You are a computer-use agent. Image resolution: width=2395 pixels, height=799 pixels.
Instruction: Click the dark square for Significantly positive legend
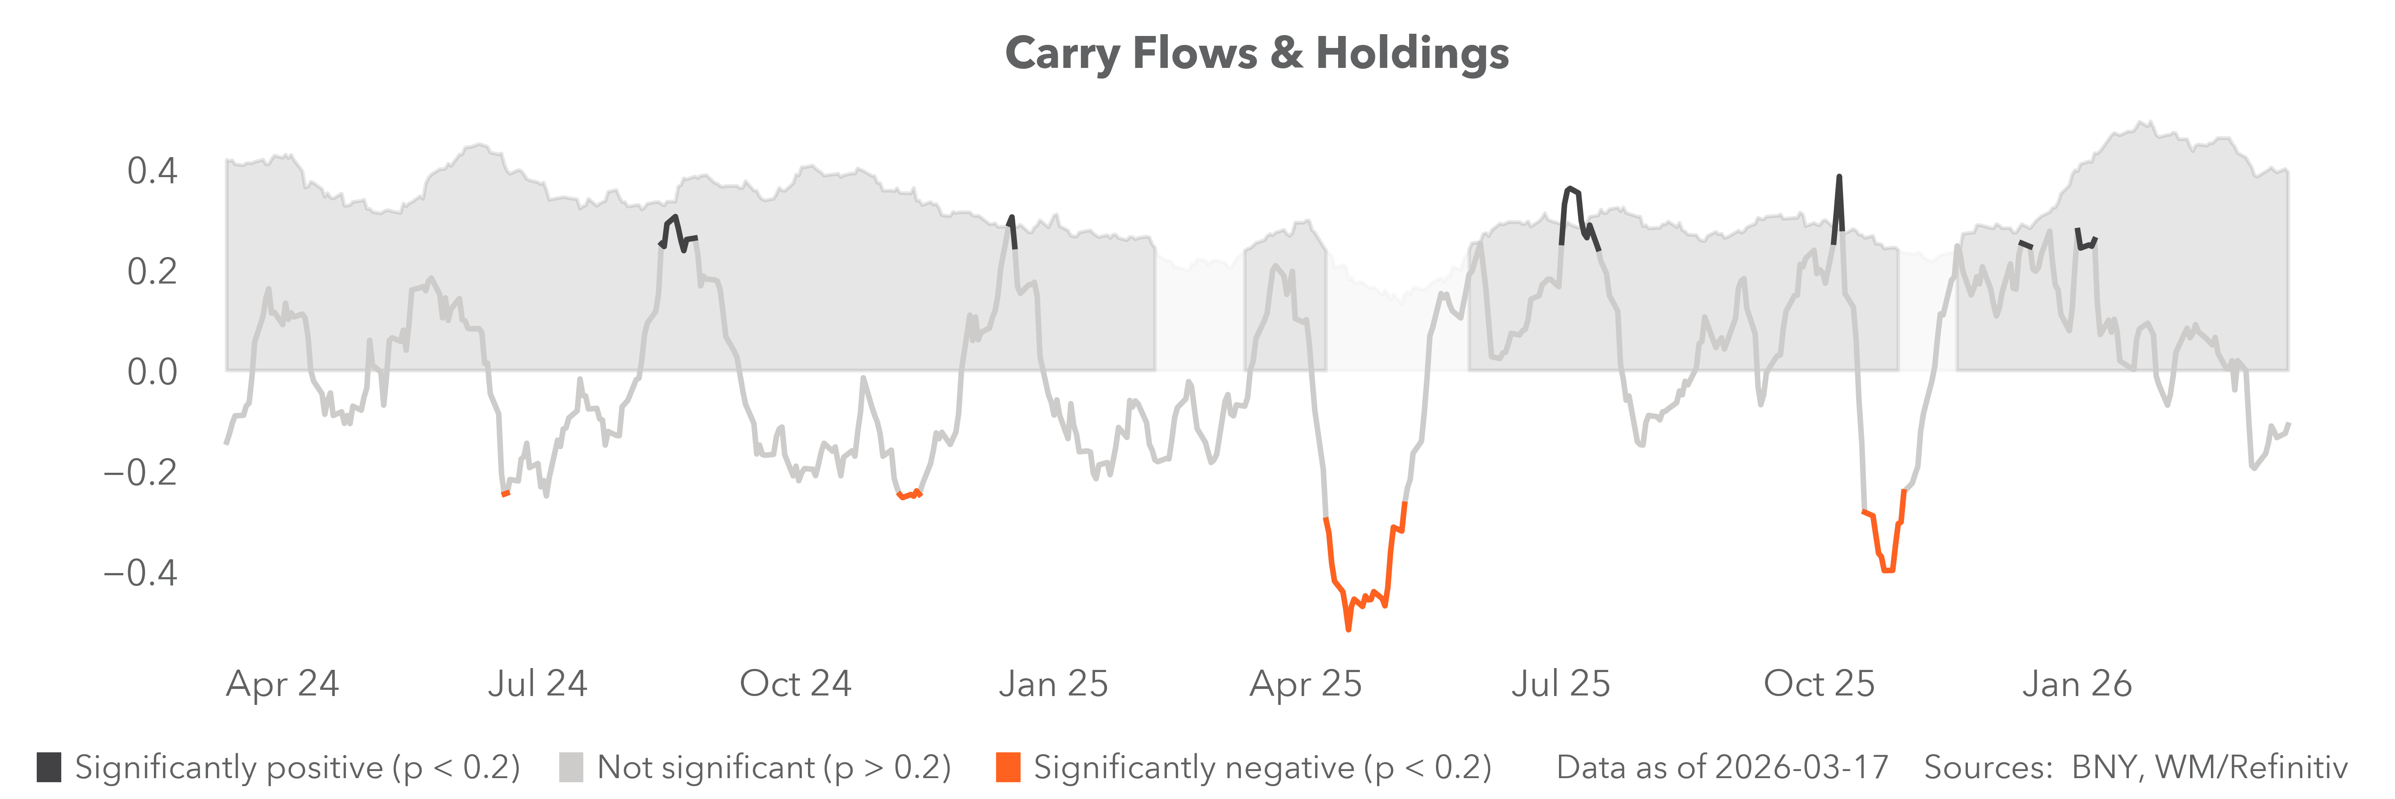click(x=49, y=767)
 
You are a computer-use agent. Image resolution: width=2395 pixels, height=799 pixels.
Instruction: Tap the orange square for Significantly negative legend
click(x=1008, y=767)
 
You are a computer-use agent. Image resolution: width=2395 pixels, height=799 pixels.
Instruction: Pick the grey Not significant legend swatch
click(x=571, y=767)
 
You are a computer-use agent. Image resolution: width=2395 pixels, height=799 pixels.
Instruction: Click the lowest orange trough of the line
click(x=1348, y=629)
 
